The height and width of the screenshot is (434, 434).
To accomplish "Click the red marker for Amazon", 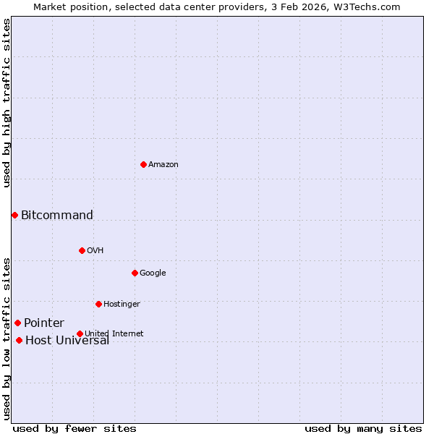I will point(143,164).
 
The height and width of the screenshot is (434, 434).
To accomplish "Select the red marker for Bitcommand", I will point(14,215).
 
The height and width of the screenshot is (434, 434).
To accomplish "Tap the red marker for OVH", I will point(82,250).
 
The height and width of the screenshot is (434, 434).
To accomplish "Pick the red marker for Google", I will point(135,273).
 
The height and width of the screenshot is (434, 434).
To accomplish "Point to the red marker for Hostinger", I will point(98,304).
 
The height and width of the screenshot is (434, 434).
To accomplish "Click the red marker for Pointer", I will point(17,323).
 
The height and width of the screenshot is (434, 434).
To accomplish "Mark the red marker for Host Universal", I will point(19,340).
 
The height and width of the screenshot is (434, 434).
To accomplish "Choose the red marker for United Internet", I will point(80,333).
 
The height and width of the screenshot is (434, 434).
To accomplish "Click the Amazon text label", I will point(163,164).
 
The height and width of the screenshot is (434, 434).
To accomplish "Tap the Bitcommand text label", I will point(57,215).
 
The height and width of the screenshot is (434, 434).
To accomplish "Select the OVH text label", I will point(95,250).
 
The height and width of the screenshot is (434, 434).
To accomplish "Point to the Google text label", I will point(153,273).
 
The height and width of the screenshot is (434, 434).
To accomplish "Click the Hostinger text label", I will point(122,304).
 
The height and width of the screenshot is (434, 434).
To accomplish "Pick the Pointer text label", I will point(44,323).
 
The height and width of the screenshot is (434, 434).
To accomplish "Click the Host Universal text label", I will point(67,341).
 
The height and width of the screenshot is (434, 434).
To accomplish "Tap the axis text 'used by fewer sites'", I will point(75,428).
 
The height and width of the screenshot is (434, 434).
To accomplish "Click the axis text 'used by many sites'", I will point(363,428).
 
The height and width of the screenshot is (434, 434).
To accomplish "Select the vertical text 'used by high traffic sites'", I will point(7,103).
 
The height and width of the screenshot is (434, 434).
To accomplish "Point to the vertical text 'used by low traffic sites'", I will point(7,338).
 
